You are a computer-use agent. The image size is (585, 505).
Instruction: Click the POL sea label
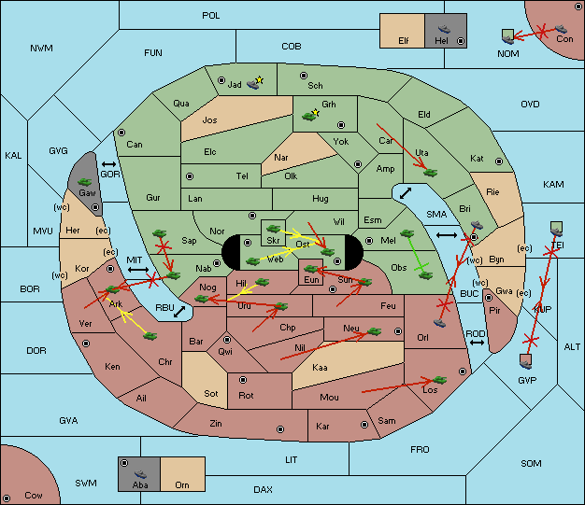211,16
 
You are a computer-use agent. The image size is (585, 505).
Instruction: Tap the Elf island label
404,41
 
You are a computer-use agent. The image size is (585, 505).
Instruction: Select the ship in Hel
444,29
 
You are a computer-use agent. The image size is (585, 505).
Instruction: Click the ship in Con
561,29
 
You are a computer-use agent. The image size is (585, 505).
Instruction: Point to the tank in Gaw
85,182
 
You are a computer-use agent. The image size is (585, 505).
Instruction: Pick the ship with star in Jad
255,83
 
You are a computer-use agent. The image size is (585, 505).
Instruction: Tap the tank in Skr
274,228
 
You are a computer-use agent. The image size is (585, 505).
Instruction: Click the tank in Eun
311,269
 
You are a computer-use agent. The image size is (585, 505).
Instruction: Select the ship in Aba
141,474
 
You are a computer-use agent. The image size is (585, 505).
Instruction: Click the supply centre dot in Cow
7,498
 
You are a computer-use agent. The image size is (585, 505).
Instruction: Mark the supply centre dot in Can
121,133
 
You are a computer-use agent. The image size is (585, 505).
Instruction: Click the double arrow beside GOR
108,164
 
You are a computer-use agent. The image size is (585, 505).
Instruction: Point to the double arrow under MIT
138,270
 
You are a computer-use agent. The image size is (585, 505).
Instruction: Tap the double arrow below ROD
477,343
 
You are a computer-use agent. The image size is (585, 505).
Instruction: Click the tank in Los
439,380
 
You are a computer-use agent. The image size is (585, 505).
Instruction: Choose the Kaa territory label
320,368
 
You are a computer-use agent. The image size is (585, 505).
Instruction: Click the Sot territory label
211,394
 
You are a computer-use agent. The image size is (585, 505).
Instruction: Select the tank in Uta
430,173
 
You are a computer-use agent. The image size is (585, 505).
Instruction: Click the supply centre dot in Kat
499,161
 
